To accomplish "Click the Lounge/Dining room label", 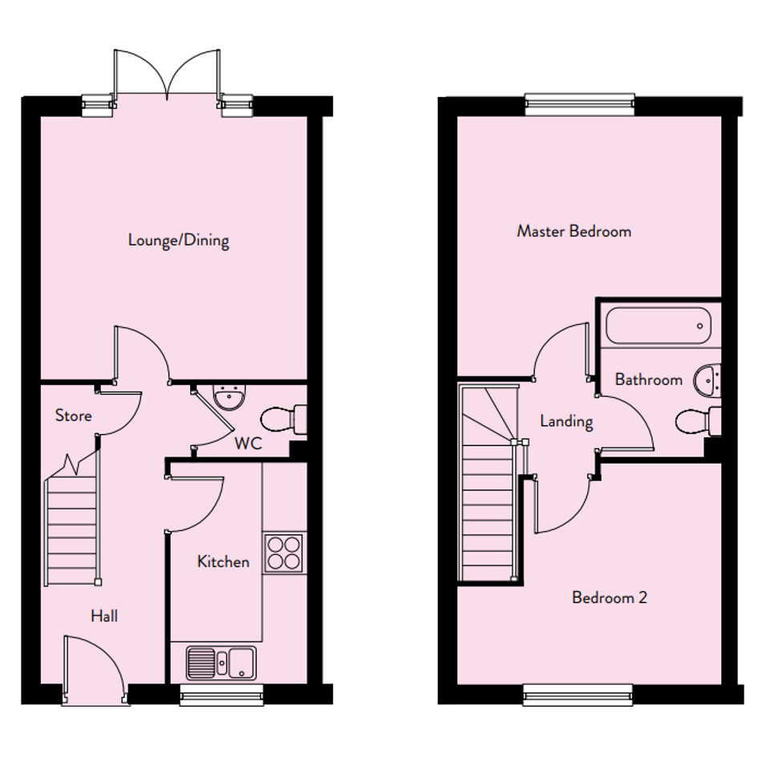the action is click(x=178, y=241).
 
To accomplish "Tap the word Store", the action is click(x=74, y=415).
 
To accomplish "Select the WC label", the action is click(x=248, y=443).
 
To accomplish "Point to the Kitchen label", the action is click(x=223, y=561).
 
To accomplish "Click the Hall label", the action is click(x=104, y=616).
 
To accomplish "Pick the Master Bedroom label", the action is click(x=574, y=231).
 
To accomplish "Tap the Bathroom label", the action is click(x=649, y=379).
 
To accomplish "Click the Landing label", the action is click(x=566, y=422).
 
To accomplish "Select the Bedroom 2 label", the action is click(x=609, y=598).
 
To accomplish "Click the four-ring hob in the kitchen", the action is click(x=284, y=553).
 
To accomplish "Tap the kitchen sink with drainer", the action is click(x=221, y=663).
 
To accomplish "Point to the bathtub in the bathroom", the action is click(x=659, y=326).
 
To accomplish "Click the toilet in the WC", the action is click(x=283, y=420).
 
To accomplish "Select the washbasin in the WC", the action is click(x=230, y=397).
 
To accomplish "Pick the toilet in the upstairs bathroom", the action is click(x=698, y=421).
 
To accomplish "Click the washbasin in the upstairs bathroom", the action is click(x=707, y=380).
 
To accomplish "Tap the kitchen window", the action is click(x=221, y=694).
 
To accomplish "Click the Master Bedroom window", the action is click(x=579, y=104).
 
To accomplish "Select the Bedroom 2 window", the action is click(x=578, y=694).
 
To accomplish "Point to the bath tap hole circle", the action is click(x=699, y=326).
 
